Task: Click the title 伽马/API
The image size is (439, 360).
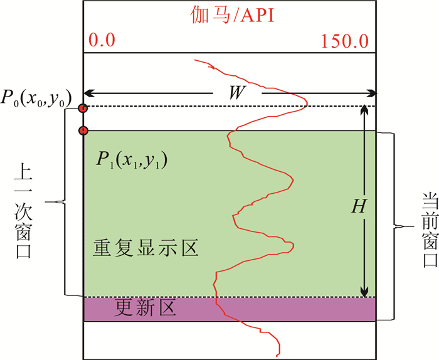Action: click(230, 14)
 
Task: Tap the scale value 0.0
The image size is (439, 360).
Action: click(102, 41)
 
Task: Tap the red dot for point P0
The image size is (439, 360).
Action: click(83, 109)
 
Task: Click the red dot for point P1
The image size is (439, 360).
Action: click(83, 130)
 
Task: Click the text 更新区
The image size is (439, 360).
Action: click(147, 309)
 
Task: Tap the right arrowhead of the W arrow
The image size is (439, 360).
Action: click(374, 94)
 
